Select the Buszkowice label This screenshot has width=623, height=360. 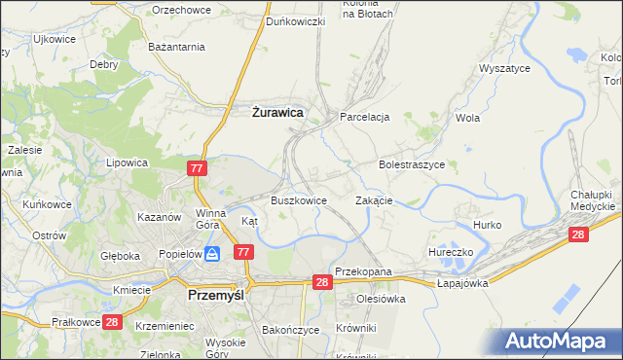[x=298, y=200]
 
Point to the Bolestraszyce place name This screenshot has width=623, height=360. [x=412, y=165]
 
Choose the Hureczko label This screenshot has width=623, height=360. [x=451, y=252]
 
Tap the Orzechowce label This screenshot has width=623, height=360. [x=181, y=9]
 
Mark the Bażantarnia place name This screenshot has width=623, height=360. [x=175, y=47]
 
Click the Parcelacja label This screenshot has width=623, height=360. [x=364, y=117]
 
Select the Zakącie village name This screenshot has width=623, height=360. [x=374, y=200]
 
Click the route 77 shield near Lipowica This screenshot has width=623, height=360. [x=198, y=168]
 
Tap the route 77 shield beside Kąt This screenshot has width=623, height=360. [x=243, y=252]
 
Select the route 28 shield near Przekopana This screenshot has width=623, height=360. [x=324, y=281]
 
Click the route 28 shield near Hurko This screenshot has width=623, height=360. [x=579, y=234]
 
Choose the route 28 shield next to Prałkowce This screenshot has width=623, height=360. [x=111, y=322]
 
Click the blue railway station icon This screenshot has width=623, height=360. [x=212, y=252]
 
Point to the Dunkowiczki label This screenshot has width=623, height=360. [x=296, y=20]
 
